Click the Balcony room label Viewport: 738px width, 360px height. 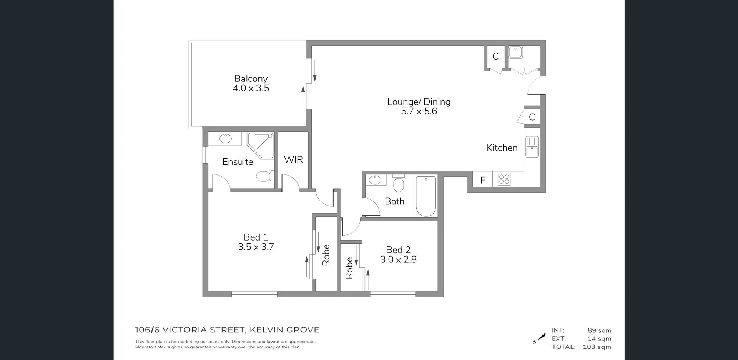251,79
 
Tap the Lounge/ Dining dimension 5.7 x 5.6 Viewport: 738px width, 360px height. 419,111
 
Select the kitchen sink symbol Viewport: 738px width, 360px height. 532,146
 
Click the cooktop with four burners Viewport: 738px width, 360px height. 504,179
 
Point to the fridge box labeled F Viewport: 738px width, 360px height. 483,180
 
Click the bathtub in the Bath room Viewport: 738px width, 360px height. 426,196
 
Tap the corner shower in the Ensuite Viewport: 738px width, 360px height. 261,145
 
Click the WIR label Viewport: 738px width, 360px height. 293,160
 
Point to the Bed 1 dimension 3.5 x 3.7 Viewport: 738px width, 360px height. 256,247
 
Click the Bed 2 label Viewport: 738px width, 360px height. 398,250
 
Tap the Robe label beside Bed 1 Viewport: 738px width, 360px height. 326,255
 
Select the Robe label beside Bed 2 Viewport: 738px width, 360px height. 349,268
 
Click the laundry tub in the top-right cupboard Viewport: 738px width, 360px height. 515,52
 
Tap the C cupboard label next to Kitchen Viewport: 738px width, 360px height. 532,117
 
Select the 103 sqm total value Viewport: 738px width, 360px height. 597,347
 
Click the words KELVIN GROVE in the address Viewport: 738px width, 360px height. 284,330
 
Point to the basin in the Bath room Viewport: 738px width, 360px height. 374,180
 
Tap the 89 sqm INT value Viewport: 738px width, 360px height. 599,331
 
